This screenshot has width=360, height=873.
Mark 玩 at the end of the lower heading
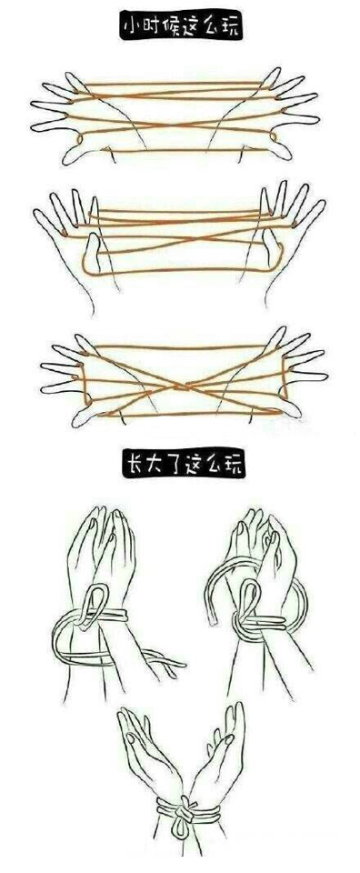[x=232, y=465]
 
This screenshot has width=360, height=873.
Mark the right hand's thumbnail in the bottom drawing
[x=228, y=740]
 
